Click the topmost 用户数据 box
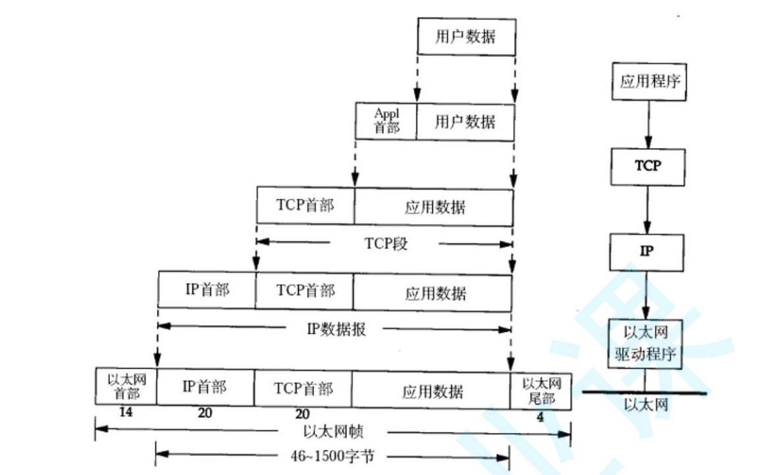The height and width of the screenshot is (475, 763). click(x=465, y=36)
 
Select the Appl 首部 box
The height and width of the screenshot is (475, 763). click(x=386, y=121)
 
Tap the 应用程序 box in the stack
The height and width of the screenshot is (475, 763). click(x=649, y=82)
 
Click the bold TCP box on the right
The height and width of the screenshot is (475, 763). click(x=648, y=166)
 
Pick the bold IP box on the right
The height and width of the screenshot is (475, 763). click(x=648, y=251)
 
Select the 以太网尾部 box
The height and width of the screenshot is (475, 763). click(x=540, y=391)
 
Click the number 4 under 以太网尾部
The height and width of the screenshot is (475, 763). click(x=540, y=416)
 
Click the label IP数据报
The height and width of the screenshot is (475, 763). click(x=336, y=328)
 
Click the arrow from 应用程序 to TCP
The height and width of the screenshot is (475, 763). click(x=648, y=124)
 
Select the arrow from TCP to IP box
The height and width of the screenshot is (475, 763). click(x=648, y=209)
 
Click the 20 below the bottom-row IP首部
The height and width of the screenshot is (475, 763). click(x=205, y=414)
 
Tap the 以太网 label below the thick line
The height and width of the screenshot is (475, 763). click(x=646, y=404)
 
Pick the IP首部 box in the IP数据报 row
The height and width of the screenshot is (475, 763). click(x=207, y=289)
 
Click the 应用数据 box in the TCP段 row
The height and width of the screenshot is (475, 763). click(x=434, y=207)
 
